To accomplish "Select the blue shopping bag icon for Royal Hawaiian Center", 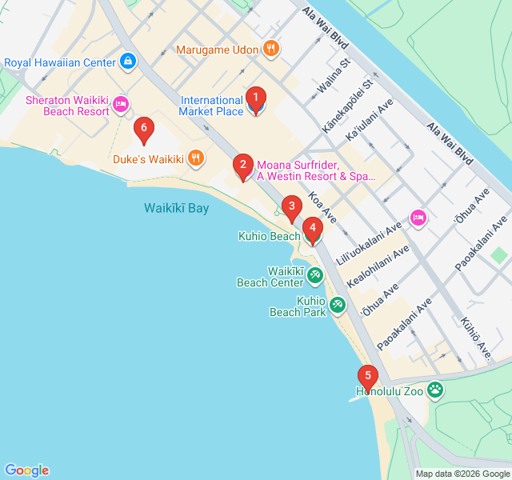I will pos(127,62).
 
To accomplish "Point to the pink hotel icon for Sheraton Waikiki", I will pos(121,104).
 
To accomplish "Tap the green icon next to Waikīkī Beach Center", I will pos(315,276).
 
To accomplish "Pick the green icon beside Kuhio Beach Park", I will pos(338,305).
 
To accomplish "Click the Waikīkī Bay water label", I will pos(176,208).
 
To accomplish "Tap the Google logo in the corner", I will pos(26,470).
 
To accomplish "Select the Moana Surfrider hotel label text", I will pos(315,170).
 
